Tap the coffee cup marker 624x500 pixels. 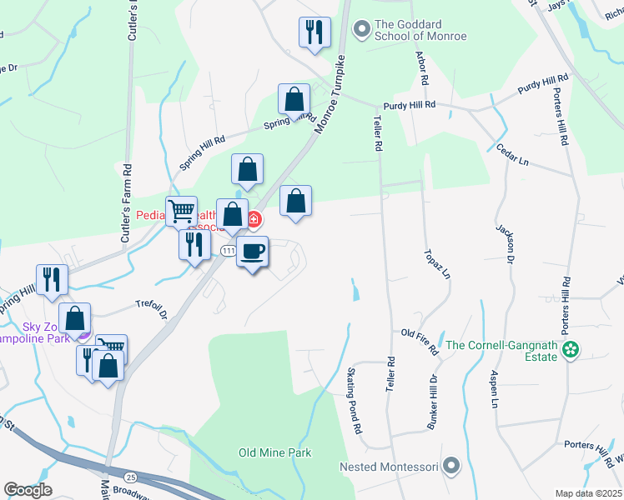click(253, 251)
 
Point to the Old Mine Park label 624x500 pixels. click(274, 452)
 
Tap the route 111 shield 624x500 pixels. click(228, 250)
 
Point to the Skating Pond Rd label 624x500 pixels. click(354, 400)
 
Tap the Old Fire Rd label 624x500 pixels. click(420, 342)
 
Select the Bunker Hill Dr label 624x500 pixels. click(433, 402)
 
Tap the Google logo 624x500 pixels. click(28, 490)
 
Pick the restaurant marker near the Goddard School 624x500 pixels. click(315, 33)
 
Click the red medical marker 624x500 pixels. click(253, 221)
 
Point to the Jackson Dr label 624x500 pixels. click(506, 242)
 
